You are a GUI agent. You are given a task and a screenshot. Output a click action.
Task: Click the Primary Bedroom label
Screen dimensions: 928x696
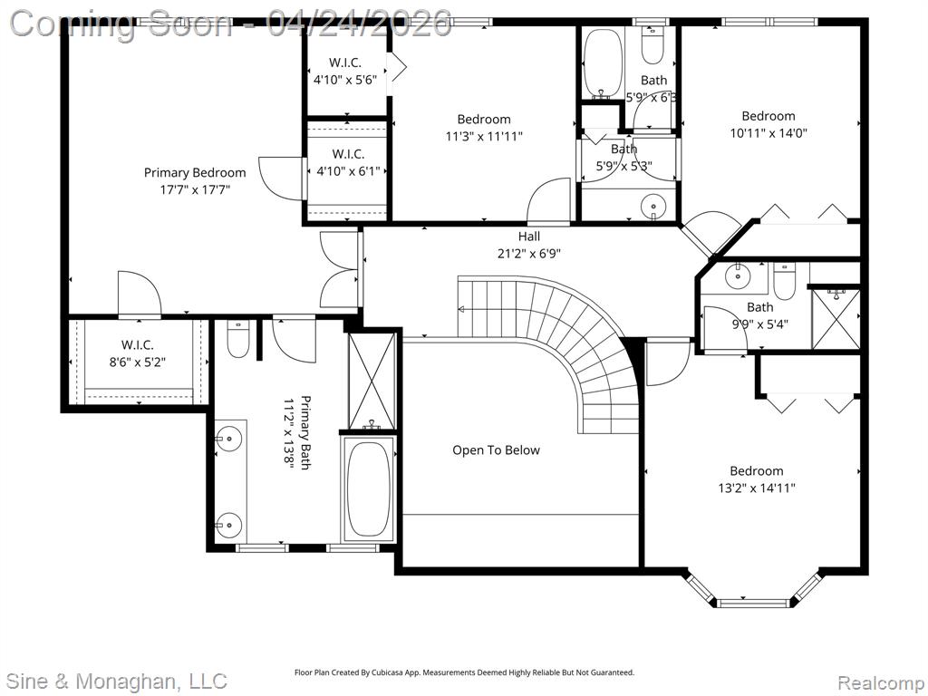[x=195, y=181]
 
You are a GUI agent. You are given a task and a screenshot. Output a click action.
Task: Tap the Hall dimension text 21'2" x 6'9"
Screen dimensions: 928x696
[x=528, y=254]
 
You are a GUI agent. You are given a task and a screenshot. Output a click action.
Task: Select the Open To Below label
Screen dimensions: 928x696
[x=496, y=450]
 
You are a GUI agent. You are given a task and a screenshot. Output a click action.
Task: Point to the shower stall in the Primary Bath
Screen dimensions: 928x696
[x=372, y=382]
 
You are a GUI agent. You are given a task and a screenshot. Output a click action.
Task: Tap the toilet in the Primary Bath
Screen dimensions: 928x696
[x=238, y=339]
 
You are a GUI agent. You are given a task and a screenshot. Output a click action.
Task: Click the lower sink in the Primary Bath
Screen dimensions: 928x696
[x=227, y=525]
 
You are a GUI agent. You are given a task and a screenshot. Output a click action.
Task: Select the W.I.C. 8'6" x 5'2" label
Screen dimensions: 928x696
[x=138, y=353]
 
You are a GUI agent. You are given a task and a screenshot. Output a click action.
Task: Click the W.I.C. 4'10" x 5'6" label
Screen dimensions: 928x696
[x=345, y=71]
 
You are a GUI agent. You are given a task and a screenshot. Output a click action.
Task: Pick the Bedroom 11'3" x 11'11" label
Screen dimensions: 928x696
[x=484, y=128]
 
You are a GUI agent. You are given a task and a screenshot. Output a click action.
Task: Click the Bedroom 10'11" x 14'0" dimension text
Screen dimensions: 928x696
[x=768, y=133]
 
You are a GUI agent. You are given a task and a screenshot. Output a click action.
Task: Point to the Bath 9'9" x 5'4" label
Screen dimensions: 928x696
[x=760, y=315]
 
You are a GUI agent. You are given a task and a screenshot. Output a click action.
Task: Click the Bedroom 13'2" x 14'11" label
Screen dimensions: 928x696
[x=757, y=479]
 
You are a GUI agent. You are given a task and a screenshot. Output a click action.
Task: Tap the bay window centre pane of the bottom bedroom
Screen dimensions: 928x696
[x=753, y=603]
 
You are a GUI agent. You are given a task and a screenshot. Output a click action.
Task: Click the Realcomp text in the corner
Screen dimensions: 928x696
[x=880, y=682]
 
